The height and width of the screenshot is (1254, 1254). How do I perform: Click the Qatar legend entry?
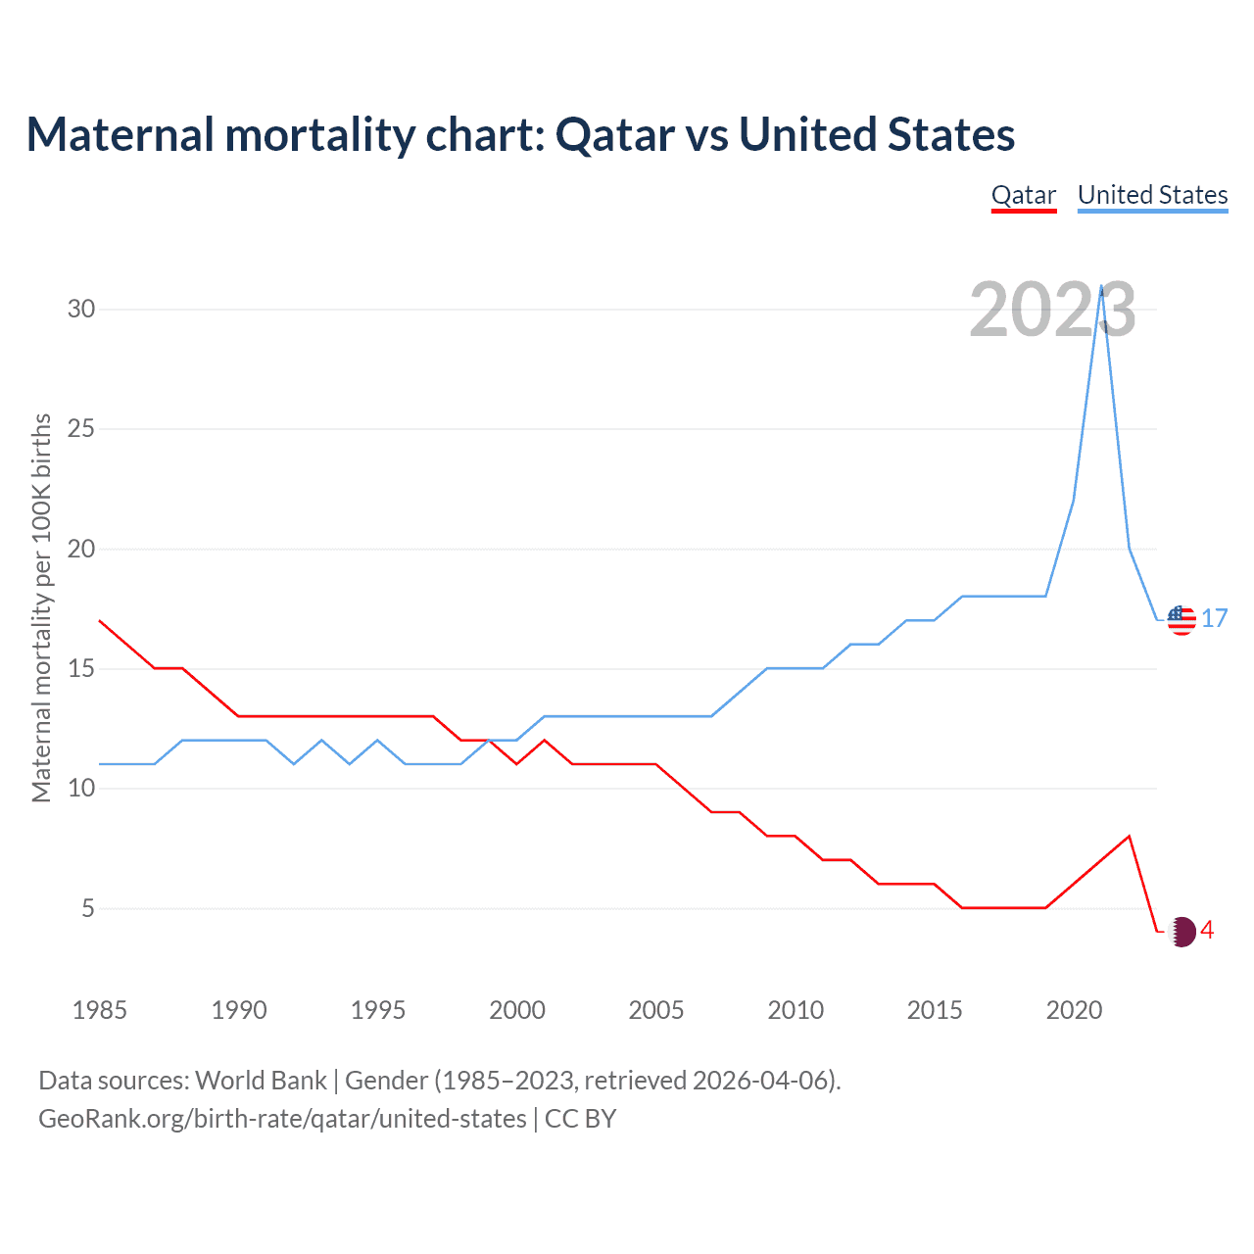click(1024, 196)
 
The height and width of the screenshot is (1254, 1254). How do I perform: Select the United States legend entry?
click(1152, 196)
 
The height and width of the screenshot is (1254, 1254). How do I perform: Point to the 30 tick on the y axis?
click(81, 310)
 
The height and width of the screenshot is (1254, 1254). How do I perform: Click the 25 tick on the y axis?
click(81, 429)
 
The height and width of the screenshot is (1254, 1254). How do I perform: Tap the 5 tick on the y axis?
click(88, 909)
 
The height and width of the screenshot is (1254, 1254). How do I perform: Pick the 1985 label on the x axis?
click(99, 1010)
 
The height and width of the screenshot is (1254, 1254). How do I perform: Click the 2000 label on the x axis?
click(517, 1010)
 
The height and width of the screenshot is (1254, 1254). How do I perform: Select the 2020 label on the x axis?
click(1074, 1010)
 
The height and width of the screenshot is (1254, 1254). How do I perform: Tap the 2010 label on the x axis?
click(796, 1010)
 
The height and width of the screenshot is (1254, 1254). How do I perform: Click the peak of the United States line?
click(1102, 287)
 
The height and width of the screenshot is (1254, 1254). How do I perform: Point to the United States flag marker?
click(1182, 620)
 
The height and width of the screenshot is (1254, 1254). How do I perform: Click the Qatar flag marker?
click(1182, 932)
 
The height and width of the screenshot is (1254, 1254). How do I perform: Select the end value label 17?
click(1215, 619)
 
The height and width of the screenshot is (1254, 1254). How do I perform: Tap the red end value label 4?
click(1208, 931)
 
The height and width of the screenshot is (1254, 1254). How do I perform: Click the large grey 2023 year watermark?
click(1052, 311)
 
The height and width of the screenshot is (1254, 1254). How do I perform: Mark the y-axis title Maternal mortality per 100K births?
click(41, 607)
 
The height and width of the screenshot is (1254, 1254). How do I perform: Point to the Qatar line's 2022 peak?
click(1130, 837)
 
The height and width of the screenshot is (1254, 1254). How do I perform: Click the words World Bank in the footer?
click(261, 1081)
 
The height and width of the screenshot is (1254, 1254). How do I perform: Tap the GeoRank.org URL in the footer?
click(282, 1119)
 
